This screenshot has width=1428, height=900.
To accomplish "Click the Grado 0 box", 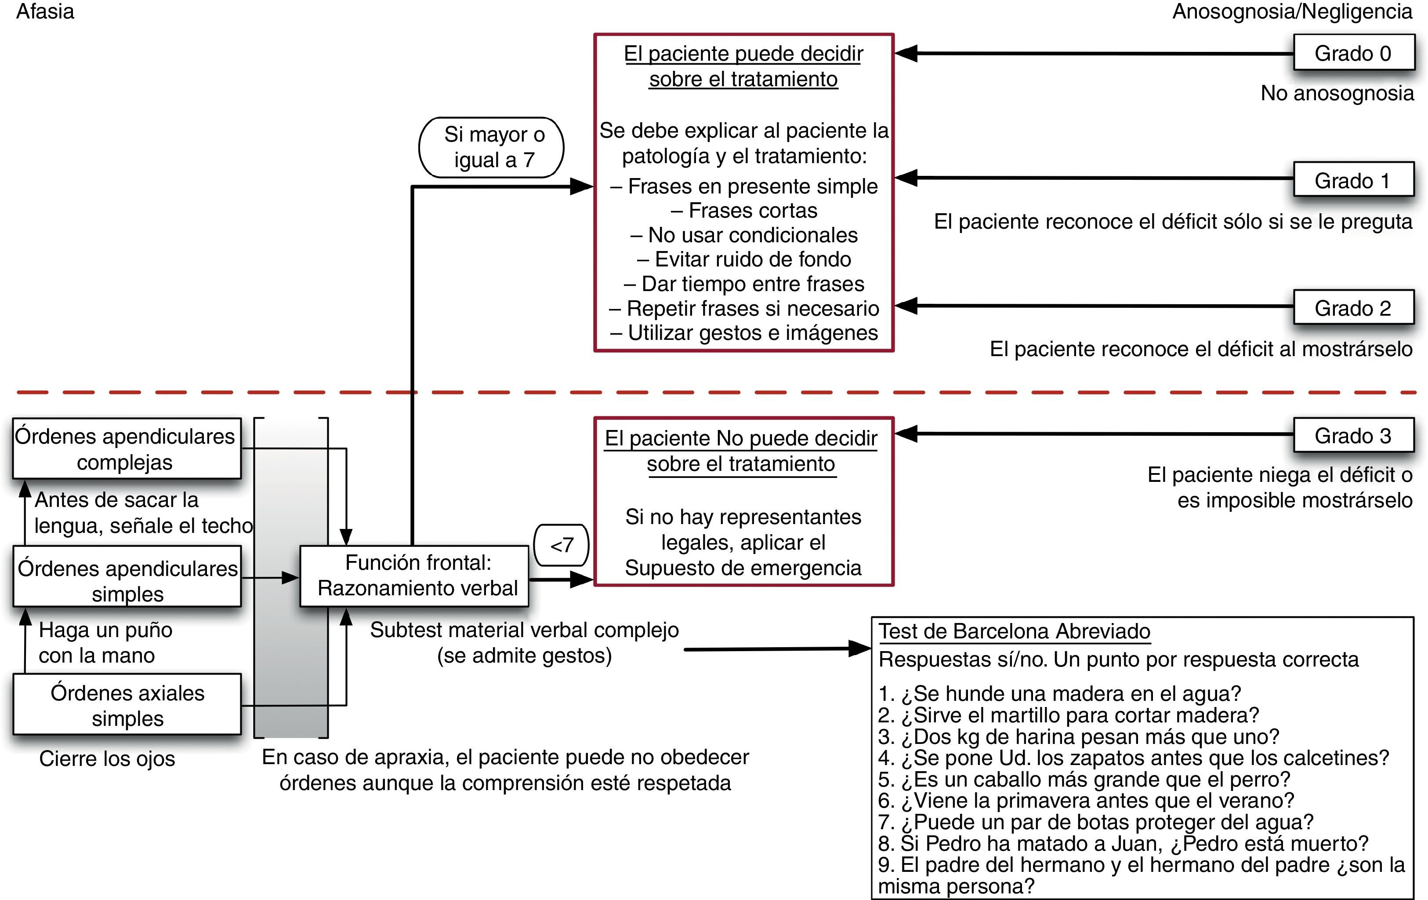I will (x=1353, y=53).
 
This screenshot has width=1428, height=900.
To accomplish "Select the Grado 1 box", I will (x=1353, y=180).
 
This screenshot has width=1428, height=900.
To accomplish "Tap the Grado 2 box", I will (x=1353, y=308).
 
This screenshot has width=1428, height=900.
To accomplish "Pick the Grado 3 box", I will (x=1353, y=435).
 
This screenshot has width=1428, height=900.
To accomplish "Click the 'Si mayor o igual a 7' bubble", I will (x=492, y=147).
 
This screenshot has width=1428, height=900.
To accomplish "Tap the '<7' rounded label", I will (x=561, y=545).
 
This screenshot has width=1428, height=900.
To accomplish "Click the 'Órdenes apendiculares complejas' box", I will (x=126, y=448).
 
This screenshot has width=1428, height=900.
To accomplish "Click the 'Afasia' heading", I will (x=45, y=12).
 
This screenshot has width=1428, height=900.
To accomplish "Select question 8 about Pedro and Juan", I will (x=1123, y=843).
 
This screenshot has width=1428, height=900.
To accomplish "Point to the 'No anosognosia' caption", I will (x=1337, y=93).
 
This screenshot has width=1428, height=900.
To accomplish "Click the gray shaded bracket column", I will (x=290, y=652).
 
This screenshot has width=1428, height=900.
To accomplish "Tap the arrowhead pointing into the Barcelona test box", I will (x=860, y=648).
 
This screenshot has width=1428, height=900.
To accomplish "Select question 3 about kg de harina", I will (x=1078, y=736).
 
